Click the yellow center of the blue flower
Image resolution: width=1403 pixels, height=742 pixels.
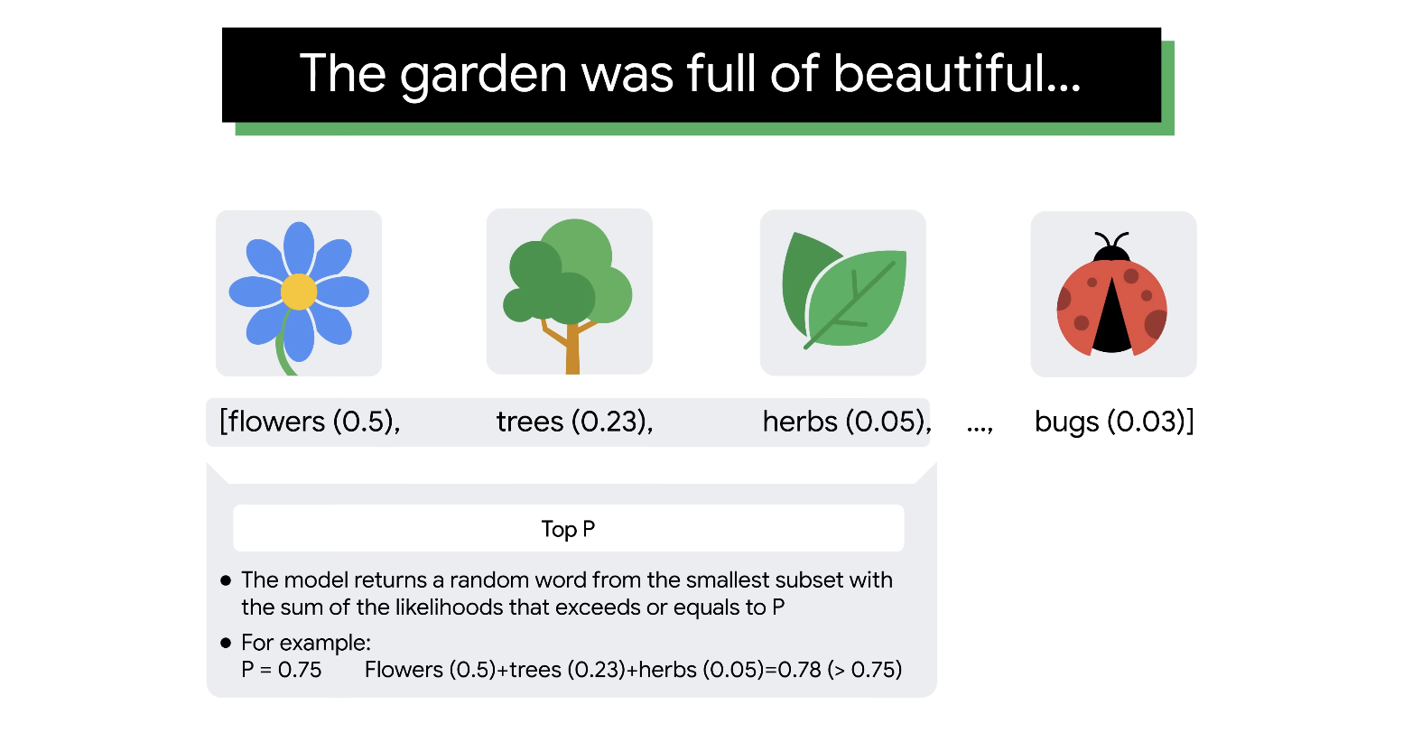pos(299,292)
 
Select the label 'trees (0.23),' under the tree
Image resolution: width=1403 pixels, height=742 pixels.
pos(574,422)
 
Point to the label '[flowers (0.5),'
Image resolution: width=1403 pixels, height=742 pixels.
pos(310,422)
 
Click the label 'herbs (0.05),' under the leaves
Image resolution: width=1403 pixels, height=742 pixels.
pos(847,422)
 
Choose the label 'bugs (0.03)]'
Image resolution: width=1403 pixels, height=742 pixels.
pos(1114,422)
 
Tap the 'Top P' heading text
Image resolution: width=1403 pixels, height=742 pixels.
pos(568,529)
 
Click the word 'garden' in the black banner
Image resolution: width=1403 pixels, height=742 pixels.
pos(484,75)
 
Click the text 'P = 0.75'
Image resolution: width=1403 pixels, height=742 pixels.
pos(281,670)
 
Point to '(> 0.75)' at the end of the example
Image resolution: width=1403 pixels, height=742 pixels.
pos(865,670)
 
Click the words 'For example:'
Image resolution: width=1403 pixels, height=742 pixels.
pos(306,643)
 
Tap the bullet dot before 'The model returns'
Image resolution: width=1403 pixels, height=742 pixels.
pos(226,580)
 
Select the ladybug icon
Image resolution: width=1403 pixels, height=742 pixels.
pos(1111,293)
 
